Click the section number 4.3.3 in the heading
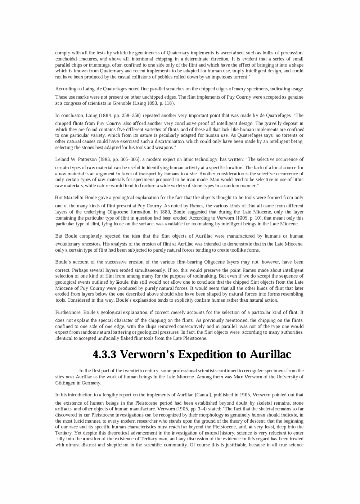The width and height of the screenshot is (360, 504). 104,355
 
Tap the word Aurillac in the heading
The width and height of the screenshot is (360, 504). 268,355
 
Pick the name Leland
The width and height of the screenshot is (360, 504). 62,159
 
